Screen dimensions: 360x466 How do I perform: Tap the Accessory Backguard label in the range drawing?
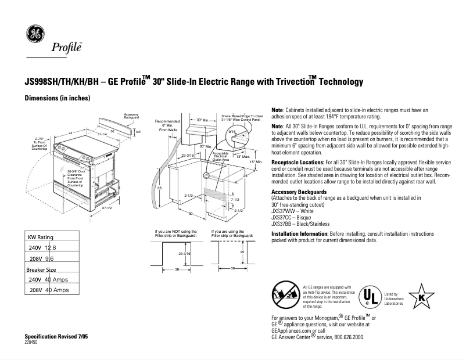(131, 116)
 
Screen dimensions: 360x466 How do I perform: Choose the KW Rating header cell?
(41, 237)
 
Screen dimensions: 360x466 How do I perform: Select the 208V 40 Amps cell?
(49, 290)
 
